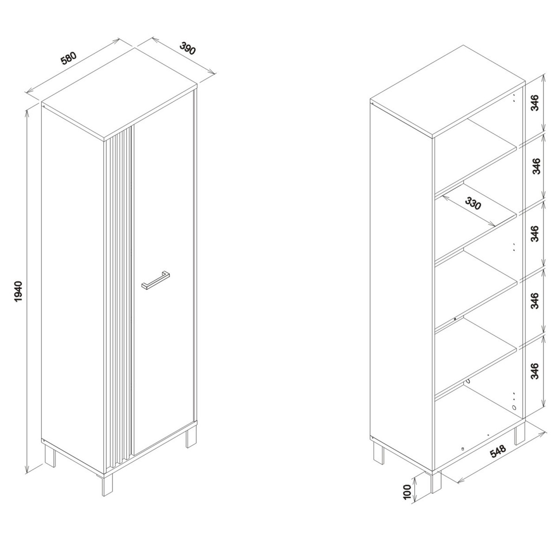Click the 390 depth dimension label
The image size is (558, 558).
tap(188, 48)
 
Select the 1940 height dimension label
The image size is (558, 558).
tap(18, 291)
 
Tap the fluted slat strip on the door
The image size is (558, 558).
tap(120, 301)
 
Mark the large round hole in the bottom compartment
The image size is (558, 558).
tap(514, 415)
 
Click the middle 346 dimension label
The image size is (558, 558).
tap(535, 233)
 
